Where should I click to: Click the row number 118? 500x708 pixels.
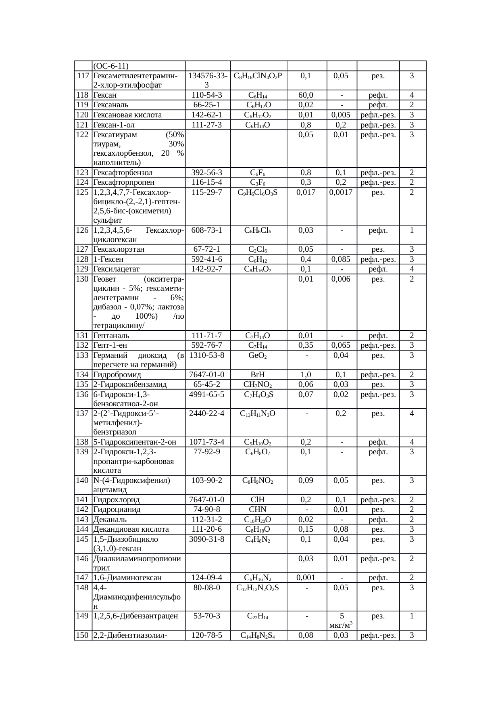[82, 95]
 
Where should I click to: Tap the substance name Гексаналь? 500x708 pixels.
[111, 105]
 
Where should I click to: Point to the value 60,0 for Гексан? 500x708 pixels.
[306, 95]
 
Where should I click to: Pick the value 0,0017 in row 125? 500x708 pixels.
[341, 192]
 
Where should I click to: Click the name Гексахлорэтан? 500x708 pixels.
[119, 249]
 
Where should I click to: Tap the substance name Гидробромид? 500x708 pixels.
[116, 375]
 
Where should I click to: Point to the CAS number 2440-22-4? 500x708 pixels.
[207, 414]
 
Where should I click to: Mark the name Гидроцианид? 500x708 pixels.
[117, 510]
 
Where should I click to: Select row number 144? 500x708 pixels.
[82, 529]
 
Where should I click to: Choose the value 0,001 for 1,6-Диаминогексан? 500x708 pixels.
[306, 578]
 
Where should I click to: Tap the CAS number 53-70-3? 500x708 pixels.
[207, 616]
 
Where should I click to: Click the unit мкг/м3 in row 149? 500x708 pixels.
[342, 625]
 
